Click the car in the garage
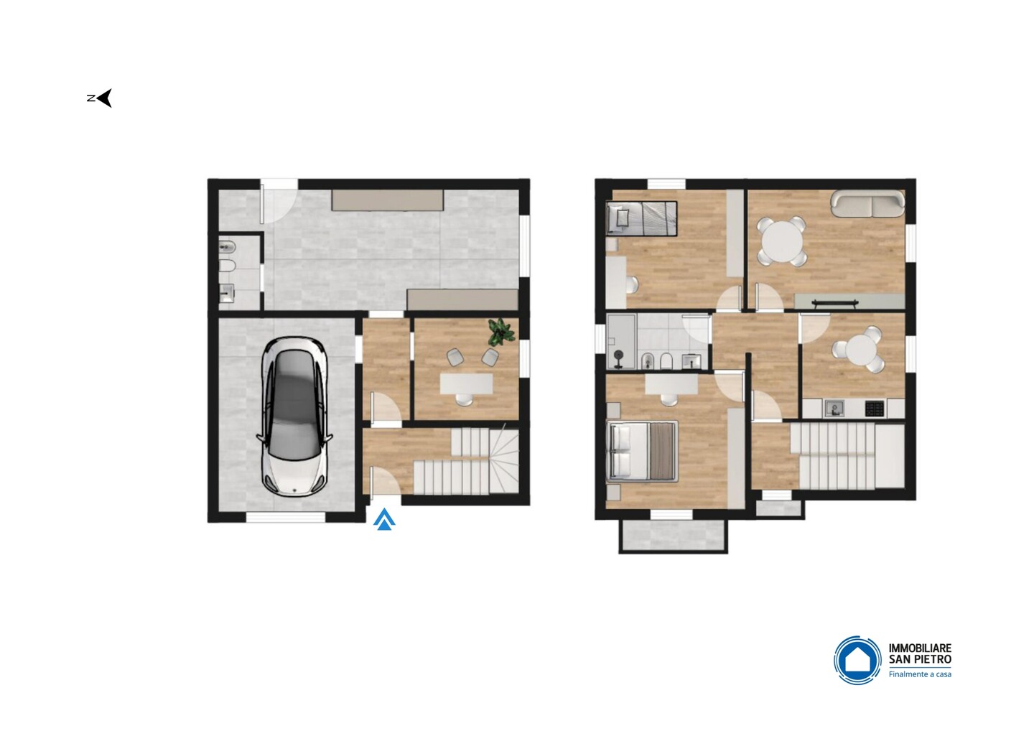click(x=294, y=416)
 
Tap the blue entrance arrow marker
click(x=384, y=519)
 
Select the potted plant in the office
click(x=501, y=332)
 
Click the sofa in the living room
click(x=867, y=203)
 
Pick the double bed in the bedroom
click(x=643, y=451)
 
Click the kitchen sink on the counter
click(x=834, y=408)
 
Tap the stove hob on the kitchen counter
click(x=875, y=409)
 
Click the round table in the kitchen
click(x=859, y=349)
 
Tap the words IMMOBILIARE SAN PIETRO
click(x=920, y=654)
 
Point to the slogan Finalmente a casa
click(x=920, y=674)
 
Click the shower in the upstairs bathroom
click(x=621, y=342)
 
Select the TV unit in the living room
click(x=849, y=302)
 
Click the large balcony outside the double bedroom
click(x=673, y=536)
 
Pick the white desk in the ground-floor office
click(x=466, y=383)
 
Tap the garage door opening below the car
click(x=287, y=517)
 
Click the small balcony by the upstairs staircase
click(x=780, y=508)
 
